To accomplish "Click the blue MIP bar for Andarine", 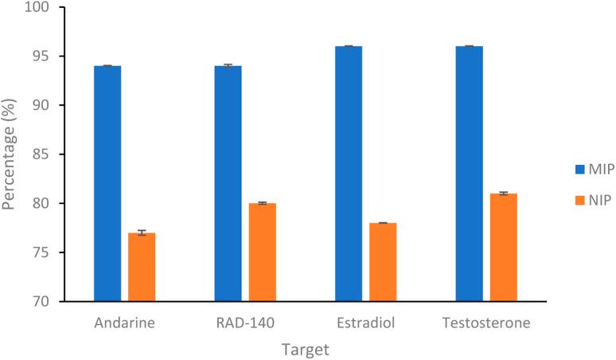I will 107,183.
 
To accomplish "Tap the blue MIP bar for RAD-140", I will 228,183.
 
